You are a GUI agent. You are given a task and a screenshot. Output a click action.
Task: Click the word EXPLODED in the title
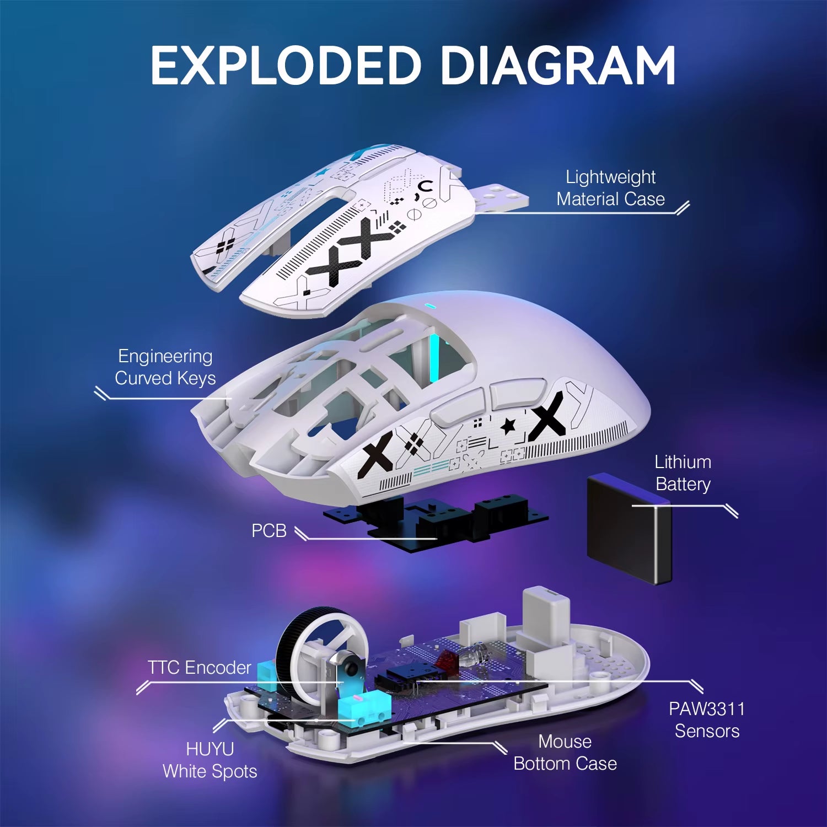(286, 66)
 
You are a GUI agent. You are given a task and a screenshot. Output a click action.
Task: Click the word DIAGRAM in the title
(557, 66)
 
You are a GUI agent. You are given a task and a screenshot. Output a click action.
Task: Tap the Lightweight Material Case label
(610, 188)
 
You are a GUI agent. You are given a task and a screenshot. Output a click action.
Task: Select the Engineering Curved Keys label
(165, 367)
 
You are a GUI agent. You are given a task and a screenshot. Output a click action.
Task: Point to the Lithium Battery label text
(683, 473)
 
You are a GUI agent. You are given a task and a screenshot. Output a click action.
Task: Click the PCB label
(269, 530)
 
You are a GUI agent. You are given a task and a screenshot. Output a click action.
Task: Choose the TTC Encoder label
(199, 668)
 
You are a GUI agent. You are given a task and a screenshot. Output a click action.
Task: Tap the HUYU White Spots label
(210, 760)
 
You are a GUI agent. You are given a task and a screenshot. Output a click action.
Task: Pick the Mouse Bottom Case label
(565, 753)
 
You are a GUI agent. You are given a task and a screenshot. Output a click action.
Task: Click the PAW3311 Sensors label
(707, 719)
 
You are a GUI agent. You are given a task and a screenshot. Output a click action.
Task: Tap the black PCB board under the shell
(436, 521)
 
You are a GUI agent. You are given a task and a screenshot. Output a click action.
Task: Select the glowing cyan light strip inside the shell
(434, 358)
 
